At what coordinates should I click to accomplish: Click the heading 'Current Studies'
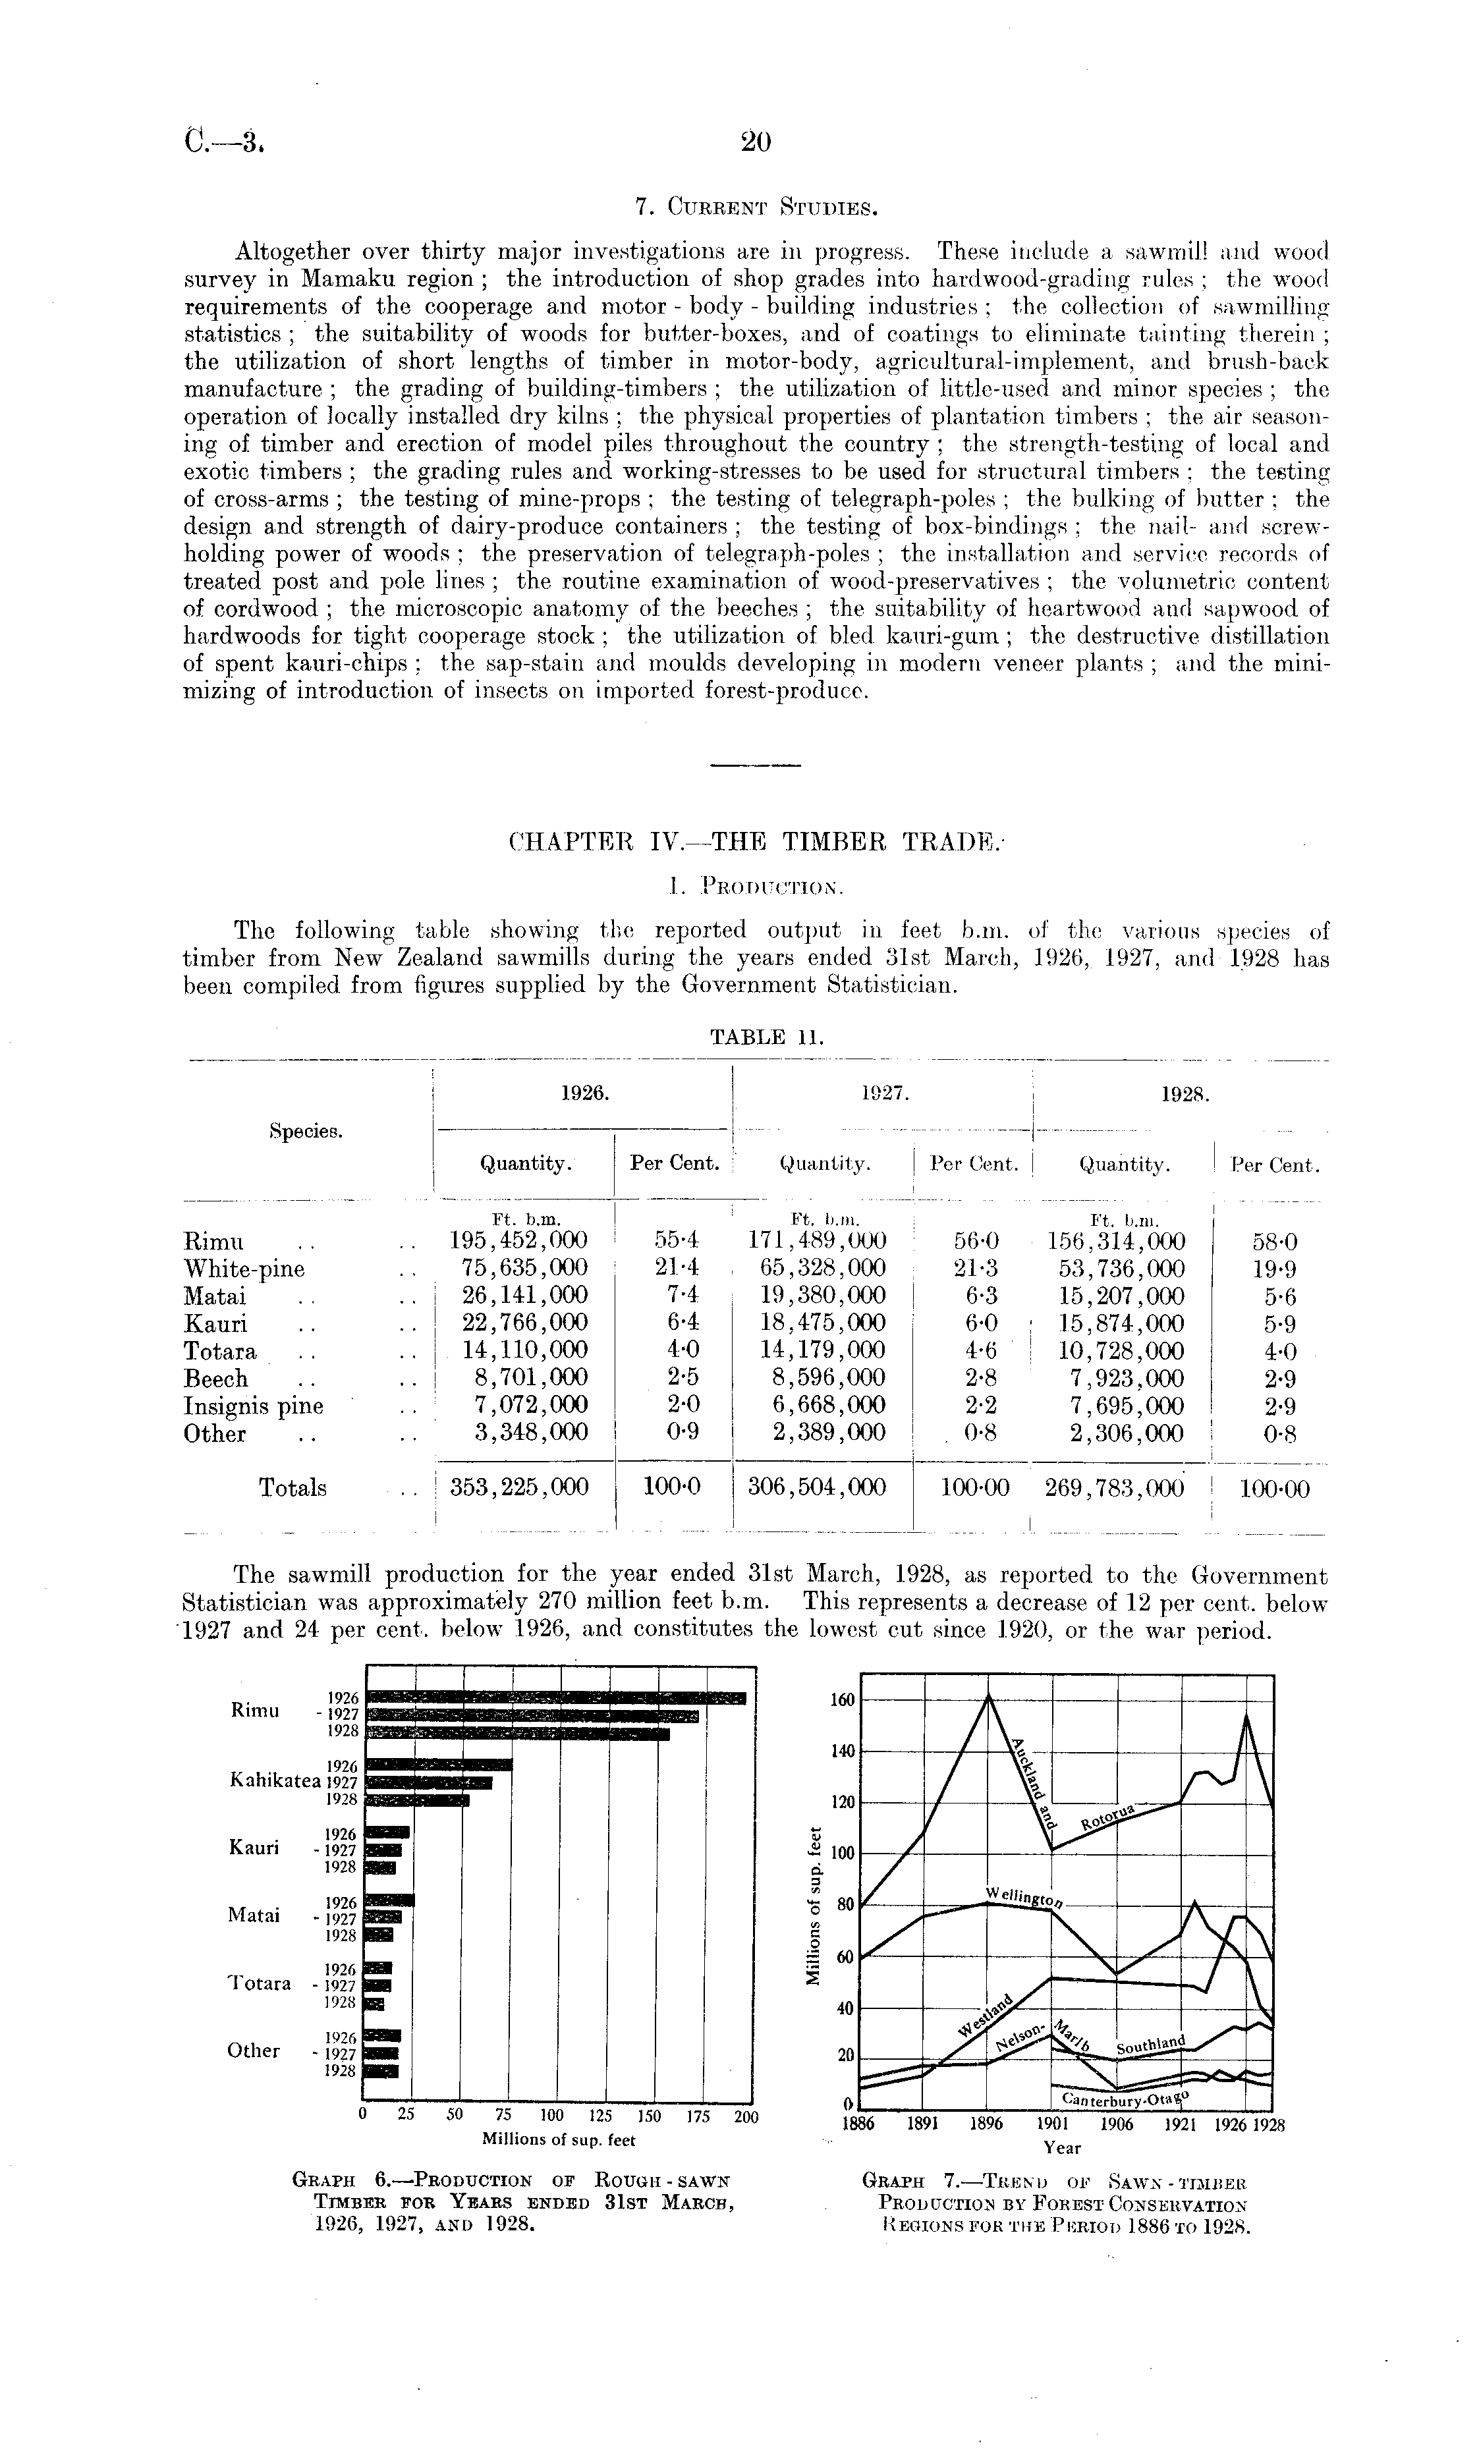point(756,208)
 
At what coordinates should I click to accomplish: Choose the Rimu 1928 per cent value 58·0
point(1275,1242)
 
